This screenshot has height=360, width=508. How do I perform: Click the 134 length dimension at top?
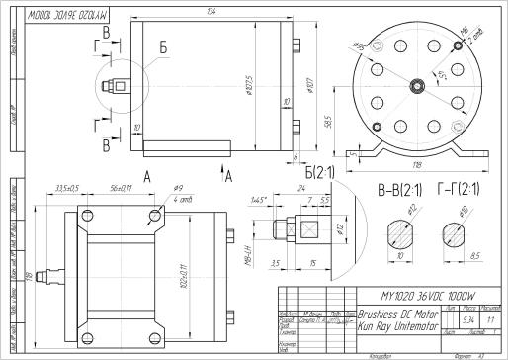click(212, 11)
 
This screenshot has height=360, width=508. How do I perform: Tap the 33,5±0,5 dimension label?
click(66, 187)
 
